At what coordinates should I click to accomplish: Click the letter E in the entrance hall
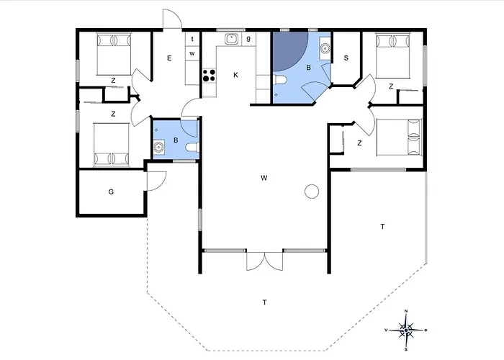pyautogui.click(x=170, y=58)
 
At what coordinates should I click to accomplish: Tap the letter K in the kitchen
pyautogui.click(x=235, y=74)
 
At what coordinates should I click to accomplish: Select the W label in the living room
pyautogui.click(x=264, y=177)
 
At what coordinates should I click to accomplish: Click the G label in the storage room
pyautogui.click(x=111, y=192)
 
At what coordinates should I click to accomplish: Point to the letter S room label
pyautogui.click(x=346, y=58)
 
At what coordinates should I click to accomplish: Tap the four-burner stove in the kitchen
pyautogui.click(x=210, y=74)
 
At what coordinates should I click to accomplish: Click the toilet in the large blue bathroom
pyautogui.click(x=283, y=81)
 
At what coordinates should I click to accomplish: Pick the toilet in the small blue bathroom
pyautogui.click(x=190, y=148)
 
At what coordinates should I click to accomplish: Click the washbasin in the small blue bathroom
pyautogui.click(x=158, y=148)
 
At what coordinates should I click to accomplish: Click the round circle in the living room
pyautogui.click(x=312, y=192)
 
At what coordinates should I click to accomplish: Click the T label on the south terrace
pyautogui.click(x=264, y=302)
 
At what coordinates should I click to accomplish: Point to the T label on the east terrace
pyautogui.click(x=382, y=227)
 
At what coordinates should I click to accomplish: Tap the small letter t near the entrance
pyautogui.click(x=192, y=39)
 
